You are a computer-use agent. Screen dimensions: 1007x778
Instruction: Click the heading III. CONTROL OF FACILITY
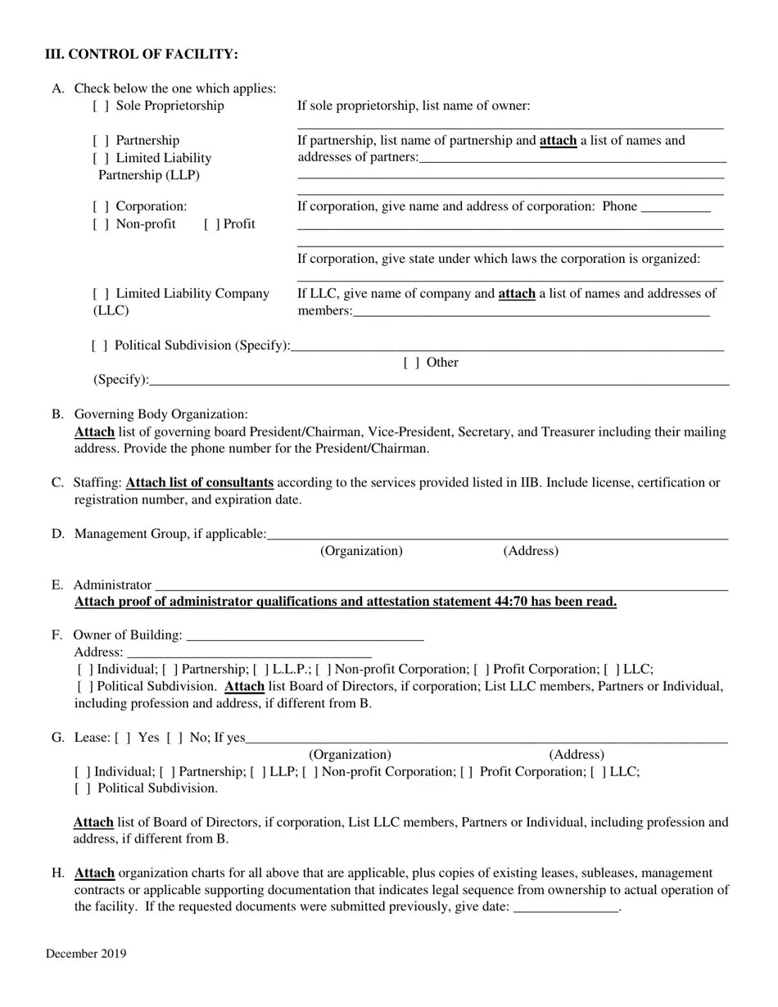(142, 54)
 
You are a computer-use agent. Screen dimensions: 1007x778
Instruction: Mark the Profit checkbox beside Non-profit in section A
(211, 224)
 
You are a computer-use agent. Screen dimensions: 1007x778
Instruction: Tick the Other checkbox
(411, 363)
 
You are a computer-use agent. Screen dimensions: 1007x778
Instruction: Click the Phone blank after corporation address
(676, 208)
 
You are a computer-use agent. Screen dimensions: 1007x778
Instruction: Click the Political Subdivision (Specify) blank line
(507, 347)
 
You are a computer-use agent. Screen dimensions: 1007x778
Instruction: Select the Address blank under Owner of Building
(249, 653)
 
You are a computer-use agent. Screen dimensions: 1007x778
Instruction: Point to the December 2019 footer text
(86, 954)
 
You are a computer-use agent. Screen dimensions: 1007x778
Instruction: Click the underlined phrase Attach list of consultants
(199, 483)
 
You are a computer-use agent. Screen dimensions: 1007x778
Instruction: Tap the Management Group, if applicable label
(170, 535)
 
